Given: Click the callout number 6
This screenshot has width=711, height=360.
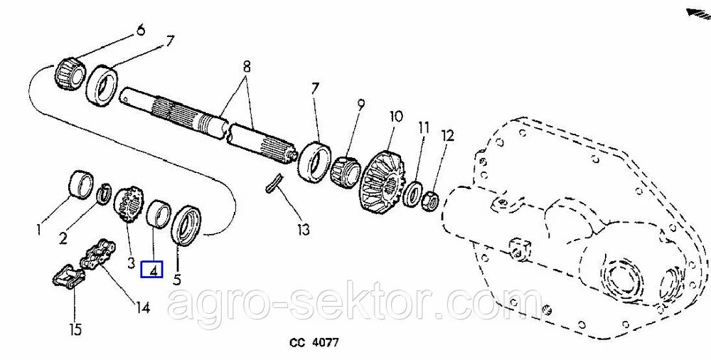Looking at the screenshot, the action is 141,31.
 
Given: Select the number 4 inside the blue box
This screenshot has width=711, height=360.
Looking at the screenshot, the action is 154,271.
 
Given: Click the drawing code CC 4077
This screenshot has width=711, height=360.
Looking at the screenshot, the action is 314,342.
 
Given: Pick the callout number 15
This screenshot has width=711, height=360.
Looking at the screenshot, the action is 76,329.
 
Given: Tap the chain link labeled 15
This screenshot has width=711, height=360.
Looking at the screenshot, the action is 67,276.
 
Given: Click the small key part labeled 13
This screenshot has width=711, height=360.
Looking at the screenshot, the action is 273,183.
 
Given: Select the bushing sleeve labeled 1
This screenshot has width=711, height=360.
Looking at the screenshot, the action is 81,184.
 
